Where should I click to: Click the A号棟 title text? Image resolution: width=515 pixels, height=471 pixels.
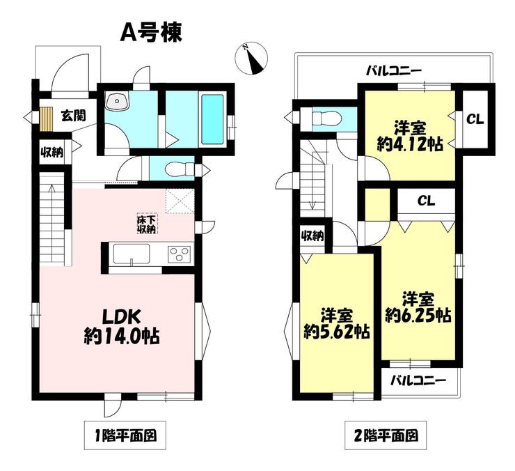coord(151,33)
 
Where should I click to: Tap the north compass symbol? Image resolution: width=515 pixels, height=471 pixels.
coord(252,59)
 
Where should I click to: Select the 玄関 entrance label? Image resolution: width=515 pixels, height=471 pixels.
coord(74,116)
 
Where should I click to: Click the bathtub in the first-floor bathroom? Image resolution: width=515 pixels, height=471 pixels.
coord(212,119)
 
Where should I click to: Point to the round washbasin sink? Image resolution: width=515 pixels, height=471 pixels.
coord(117,101)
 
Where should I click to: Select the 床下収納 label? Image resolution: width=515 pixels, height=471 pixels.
coord(146,224)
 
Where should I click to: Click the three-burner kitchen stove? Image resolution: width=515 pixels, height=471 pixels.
coord(180,254)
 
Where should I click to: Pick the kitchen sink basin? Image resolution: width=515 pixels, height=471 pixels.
coord(132,254)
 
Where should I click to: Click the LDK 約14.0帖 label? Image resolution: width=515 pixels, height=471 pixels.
coord(122,326)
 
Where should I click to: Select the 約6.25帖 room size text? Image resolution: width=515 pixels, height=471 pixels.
coord(418,316)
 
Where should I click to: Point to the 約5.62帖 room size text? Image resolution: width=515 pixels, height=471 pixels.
coord(337,332)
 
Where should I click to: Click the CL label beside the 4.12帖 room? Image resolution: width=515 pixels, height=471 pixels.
coord(475,120)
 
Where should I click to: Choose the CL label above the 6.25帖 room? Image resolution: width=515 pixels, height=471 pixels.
coord(426,201)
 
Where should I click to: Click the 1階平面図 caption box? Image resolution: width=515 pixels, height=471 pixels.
coord(125,435)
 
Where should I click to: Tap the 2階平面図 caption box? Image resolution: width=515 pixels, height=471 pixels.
coord(386,435)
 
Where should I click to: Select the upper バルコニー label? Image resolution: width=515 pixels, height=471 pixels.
coord(394,70)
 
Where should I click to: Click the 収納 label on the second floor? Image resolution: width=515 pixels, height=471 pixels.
coord(312,235)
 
